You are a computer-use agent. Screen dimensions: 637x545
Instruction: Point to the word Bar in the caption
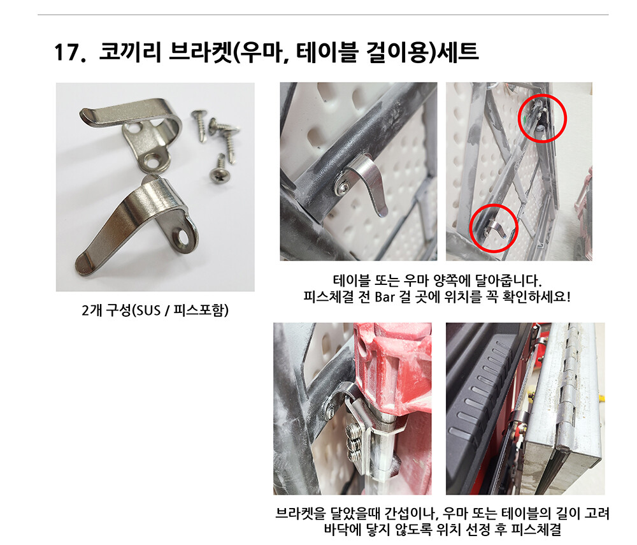coord(384,297)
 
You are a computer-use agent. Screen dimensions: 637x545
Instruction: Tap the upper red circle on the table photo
coord(542,119)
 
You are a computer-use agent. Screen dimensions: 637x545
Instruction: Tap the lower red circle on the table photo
coord(494,228)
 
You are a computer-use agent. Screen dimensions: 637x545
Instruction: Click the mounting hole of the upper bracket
coord(155,162)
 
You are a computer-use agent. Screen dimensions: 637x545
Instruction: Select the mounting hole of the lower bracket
coord(182,238)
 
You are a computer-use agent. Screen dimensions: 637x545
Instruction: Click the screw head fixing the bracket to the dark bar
coord(341,187)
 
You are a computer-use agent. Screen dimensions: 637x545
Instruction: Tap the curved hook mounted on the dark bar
coord(368,184)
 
